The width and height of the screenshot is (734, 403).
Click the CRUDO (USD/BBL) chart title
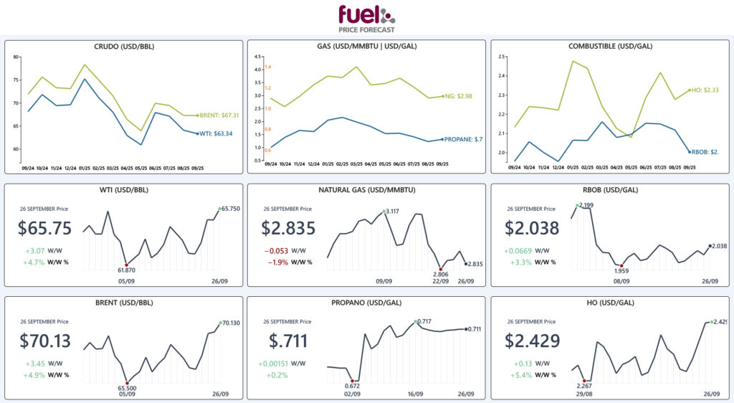point(124,47)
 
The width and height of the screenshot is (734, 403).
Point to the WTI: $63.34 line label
point(217,133)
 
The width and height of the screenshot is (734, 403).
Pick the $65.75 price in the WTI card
point(45,229)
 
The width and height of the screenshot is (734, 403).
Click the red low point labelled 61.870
point(127,264)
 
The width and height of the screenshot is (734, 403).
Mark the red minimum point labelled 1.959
point(622,266)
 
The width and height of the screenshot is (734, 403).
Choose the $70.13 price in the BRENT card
point(45,341)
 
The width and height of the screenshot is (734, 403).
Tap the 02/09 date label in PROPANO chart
point(353,394)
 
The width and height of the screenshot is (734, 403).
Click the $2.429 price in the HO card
point(532,341)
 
